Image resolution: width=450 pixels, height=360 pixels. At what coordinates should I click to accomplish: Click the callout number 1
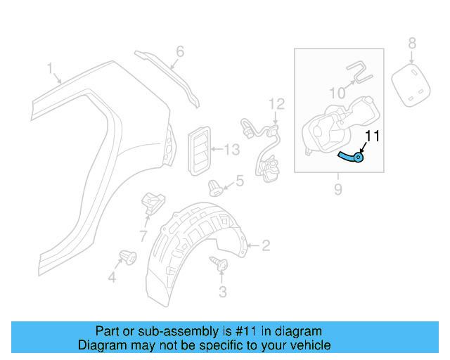51,68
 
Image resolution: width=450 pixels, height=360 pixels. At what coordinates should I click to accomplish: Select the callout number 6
180,51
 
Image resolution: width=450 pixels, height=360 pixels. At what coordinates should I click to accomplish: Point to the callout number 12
276,104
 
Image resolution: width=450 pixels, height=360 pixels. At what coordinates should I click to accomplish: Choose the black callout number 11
372,136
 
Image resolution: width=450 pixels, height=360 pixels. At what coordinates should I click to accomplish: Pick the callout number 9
338,188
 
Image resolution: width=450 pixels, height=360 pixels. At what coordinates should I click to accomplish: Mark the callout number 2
266,245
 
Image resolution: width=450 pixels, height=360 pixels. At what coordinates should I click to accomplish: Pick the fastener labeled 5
214,186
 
